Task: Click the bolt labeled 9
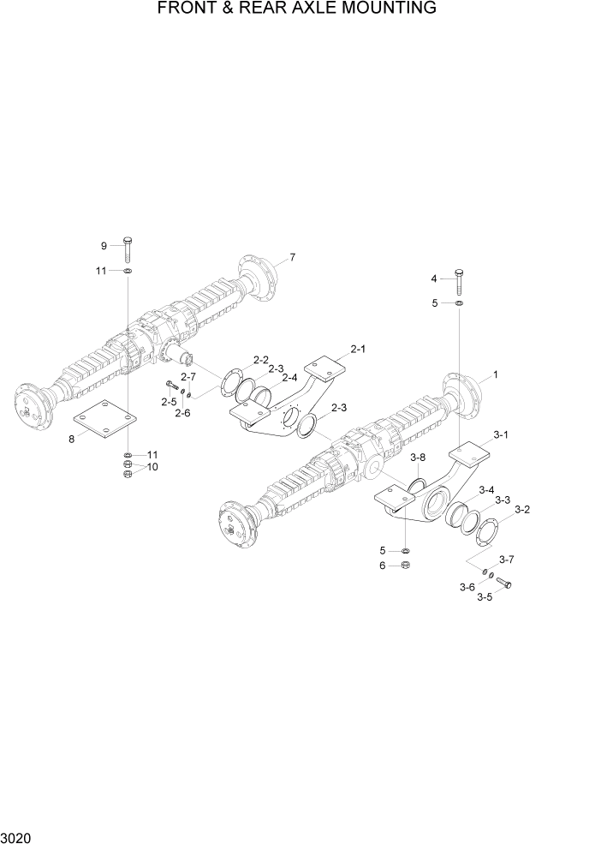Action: pyautogui.click(x=127, y=249)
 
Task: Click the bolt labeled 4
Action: pyautogui.click(x=460, y=281)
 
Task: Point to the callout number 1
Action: pyautogui.click(x=496, y=375)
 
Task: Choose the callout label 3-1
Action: pyautogui.click(x=501, y=435)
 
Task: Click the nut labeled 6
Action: pyautogui.click(x=407, y=566)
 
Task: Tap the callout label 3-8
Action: pyautogui.click(x=417, y=458)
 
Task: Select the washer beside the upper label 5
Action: pyautogui.click(x=460, y=303)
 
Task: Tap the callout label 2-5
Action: pyautogui.click(x=167, y=401)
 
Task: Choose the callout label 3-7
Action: pyautogui.click(x=506, y=560)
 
